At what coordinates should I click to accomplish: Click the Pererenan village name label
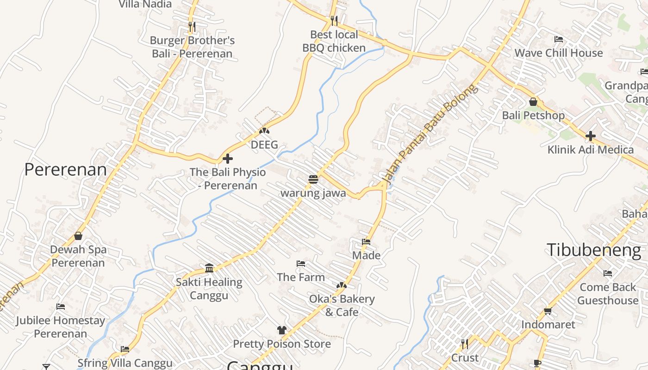click(x=65, y=170)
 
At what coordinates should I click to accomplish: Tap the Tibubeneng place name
click(x=594, y=250)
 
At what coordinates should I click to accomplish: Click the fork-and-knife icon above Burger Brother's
click(x=192, y=26)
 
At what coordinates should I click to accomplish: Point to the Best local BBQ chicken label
click(x=334, y=41)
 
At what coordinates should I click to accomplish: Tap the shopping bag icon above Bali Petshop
click(x=533, y=102)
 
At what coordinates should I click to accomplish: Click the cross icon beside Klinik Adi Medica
click(x=590, y=136)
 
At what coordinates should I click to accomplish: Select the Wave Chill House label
click(x=559, y=53)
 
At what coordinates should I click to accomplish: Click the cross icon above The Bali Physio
click(x=227, y=159)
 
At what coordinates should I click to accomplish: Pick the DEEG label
click(x=264, y=145)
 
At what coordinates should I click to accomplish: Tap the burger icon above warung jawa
click(x=313, y=179)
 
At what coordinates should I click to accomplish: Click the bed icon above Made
click(x=366, y=241)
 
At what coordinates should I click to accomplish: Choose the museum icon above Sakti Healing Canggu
click(x=209, y=268)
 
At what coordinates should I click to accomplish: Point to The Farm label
click(x=301, y=277)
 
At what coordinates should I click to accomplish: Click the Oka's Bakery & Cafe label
click(x=342, y=305)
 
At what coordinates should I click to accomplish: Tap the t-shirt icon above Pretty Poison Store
click(x=281, y=330)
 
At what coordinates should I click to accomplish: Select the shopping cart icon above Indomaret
click(x=548, y=311)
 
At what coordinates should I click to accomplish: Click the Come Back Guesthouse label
click(x=608, y=294)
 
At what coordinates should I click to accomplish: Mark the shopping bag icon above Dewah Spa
click(x=78, y=236)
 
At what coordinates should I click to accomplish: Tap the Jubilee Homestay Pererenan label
click(x=60, y=327)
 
